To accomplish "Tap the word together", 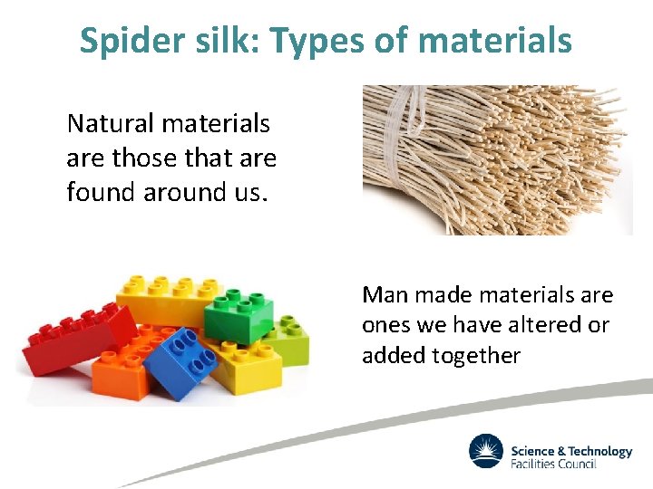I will point(476,356).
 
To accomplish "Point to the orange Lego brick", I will point(127,367).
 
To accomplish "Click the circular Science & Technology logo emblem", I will point(486,452).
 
